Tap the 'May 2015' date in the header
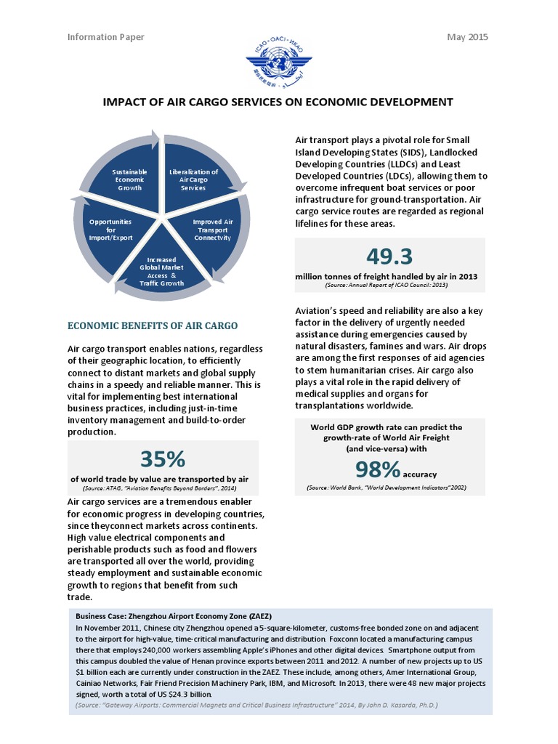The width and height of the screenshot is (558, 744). tap(467, 37)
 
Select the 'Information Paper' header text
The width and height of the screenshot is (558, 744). tap(105, 37)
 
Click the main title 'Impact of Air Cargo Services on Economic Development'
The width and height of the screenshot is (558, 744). tap(278, 102)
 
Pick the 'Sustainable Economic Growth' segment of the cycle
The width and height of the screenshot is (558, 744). tap(129, 179)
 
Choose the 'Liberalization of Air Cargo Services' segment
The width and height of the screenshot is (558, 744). tap(193, 179)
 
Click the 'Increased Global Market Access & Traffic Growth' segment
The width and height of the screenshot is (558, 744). tap(162, 270)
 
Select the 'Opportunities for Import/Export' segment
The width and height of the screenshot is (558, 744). tap(110, 229)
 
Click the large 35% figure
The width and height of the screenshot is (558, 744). tap(163, 458)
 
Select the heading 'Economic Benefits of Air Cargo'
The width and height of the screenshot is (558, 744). tap(153, 325)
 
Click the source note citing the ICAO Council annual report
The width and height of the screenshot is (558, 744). tap(390, 286)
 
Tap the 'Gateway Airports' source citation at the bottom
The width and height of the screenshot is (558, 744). tap(256, 705)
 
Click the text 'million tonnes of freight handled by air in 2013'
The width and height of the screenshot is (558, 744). tap(386, 277)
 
